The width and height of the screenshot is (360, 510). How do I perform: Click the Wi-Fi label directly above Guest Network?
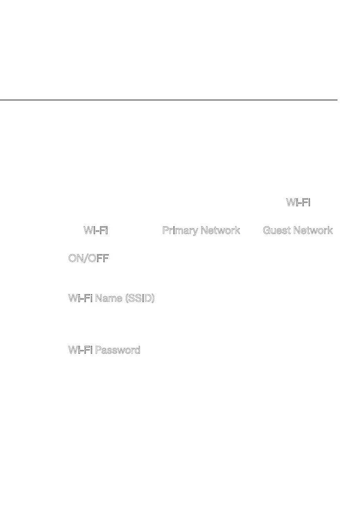click(298, 203)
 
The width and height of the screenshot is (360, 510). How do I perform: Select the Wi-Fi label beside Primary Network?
click(96, 230)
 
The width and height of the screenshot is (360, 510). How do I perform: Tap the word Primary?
click(180, 230)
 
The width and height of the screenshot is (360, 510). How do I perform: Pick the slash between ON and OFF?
click(87, 258)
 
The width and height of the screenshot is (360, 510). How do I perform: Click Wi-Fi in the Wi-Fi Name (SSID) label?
click(80, 298)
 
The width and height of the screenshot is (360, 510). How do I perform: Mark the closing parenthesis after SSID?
click(153, 299)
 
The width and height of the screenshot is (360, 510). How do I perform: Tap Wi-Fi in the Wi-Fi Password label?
click(80, 350)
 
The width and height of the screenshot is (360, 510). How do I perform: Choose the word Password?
click(117, 350)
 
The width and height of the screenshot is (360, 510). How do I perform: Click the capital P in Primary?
click(165, 230)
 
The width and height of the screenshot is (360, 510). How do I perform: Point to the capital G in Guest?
click(267, 230)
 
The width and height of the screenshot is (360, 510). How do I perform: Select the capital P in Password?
click(98, 350)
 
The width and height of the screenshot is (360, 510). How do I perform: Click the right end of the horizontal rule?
click(336, 100)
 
